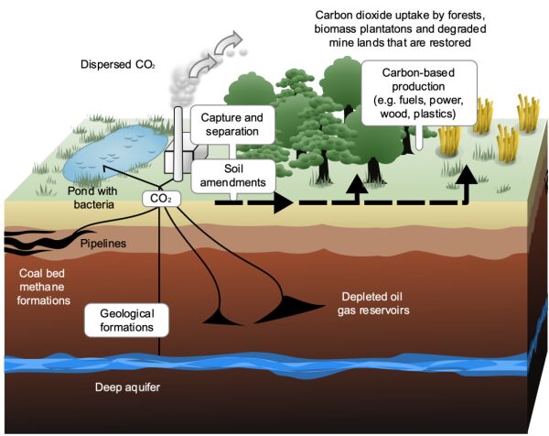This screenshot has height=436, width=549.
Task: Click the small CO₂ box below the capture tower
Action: tap(158, 198)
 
